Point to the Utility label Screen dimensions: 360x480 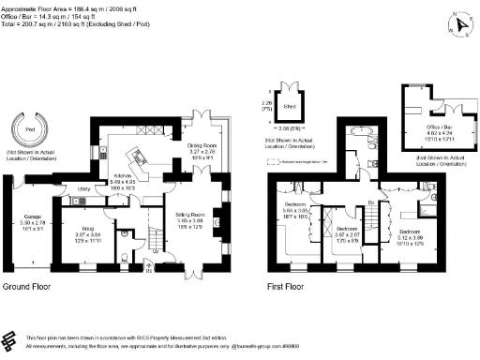click(83, 188)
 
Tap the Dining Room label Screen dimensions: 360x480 click(204, 145)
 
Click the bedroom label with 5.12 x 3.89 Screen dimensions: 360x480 click(412, 231)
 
